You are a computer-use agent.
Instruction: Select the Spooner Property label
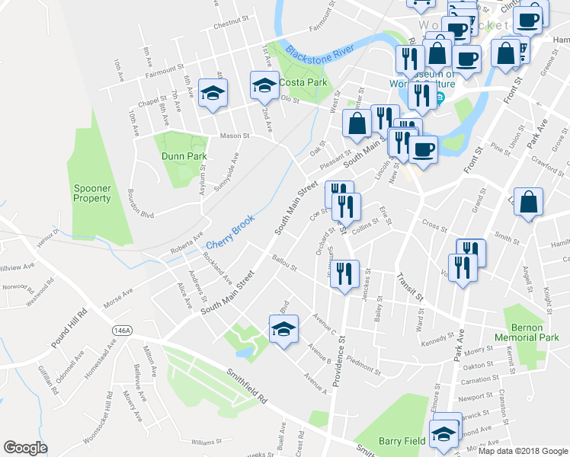(x=93, y=193)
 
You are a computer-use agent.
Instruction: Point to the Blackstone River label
(x=321, y=53)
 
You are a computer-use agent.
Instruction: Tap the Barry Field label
(x=401, y=441)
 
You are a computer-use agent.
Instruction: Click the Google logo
(x=25, y=448)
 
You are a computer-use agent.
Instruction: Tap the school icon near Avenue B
(x=283, y=330)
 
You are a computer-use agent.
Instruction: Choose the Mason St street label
(x=235, y=136)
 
